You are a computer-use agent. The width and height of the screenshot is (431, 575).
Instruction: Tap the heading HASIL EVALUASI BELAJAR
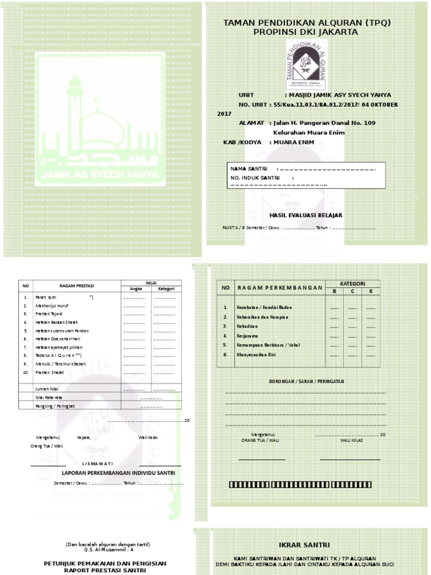pos(306,215)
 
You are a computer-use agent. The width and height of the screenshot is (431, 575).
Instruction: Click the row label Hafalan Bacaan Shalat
pos(57,322)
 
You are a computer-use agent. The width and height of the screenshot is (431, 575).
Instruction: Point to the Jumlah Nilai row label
pos(48,389)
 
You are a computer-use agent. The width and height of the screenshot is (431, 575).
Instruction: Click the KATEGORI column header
pos(352,284)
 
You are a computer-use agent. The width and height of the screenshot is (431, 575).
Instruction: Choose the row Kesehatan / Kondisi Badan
pos(265,308)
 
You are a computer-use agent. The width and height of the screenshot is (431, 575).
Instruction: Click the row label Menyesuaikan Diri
pos(258,355)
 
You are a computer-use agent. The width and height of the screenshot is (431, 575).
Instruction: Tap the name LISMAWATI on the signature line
pos(98,463)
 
